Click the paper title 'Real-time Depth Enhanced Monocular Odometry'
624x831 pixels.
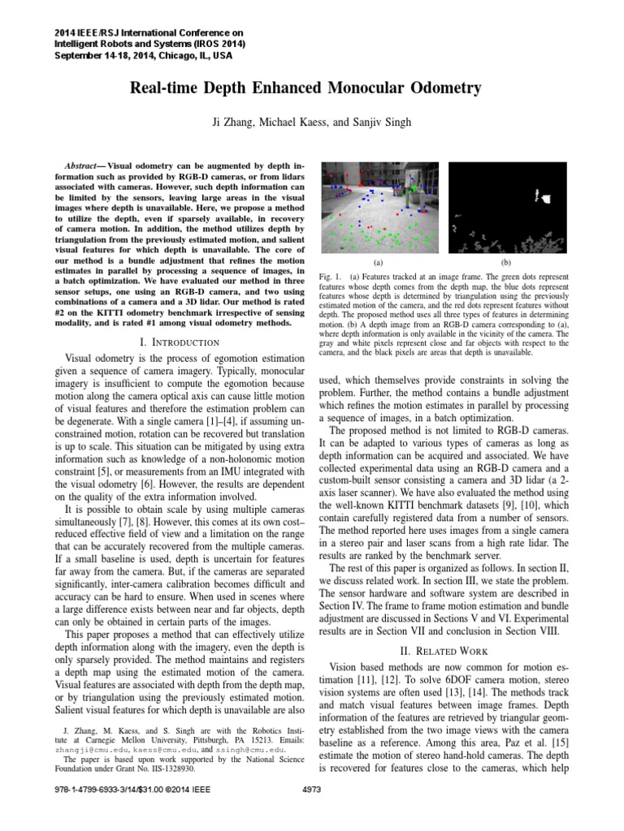click(311, 88)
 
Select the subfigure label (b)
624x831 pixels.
click(506, 263)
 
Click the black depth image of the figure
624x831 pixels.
click(506, 208)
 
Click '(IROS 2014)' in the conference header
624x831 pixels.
click(215, 44)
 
